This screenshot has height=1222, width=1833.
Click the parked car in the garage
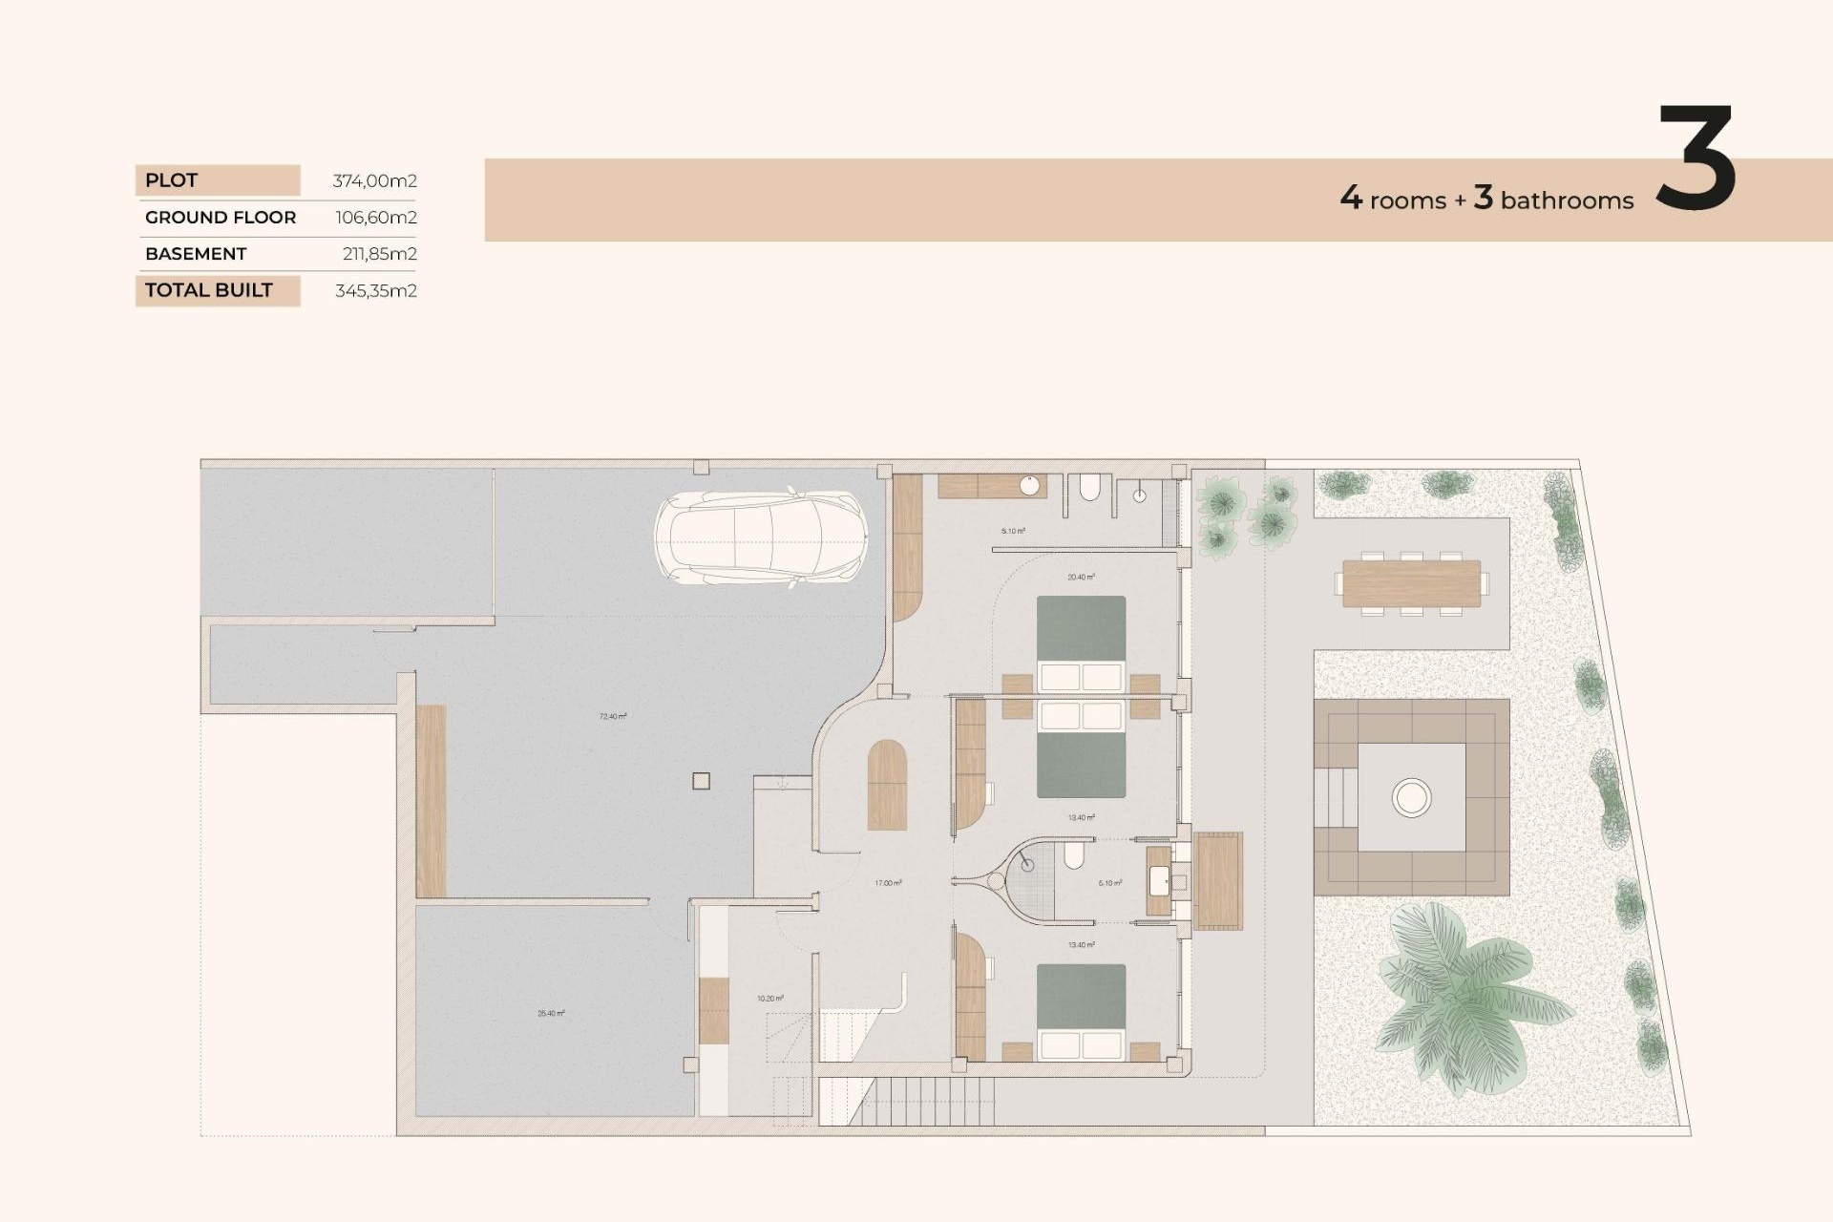tap(761, 537)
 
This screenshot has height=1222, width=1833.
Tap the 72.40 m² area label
tap(613, 716)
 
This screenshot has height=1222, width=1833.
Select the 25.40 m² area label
tap(551, 1013)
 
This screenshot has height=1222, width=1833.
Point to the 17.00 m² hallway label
tap(888, 883)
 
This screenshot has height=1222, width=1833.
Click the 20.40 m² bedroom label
tap(1081, 577)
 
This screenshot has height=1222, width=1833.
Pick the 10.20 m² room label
tap(769, 999)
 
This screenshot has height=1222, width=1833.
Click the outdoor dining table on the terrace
tap(1411, 583)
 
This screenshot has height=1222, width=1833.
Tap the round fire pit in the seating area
tap(1411, 797)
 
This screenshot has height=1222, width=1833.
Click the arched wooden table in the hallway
tap(887, 785)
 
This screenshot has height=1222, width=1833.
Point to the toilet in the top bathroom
tap(1089, 489)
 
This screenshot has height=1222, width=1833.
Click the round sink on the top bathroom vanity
tap(1029, 486)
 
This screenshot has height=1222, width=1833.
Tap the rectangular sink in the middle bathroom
tap(1160, 881)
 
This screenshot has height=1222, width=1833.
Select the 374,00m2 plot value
tap(374, 180)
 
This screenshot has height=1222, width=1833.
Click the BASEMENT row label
tap(196, 254)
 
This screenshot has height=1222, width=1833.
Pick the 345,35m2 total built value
tap(375, 291)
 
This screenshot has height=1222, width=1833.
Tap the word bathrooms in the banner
tap(1567, 200)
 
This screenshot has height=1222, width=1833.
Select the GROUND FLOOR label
tap(221, 218)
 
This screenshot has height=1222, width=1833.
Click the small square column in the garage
tap(701, 781)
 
